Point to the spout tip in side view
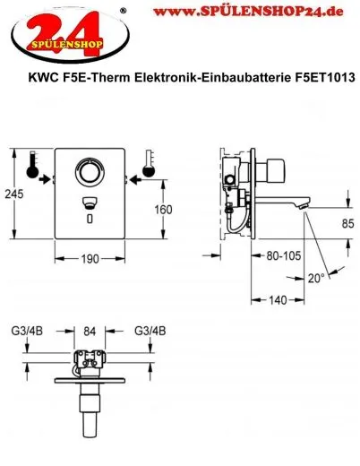tap(307, 208)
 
